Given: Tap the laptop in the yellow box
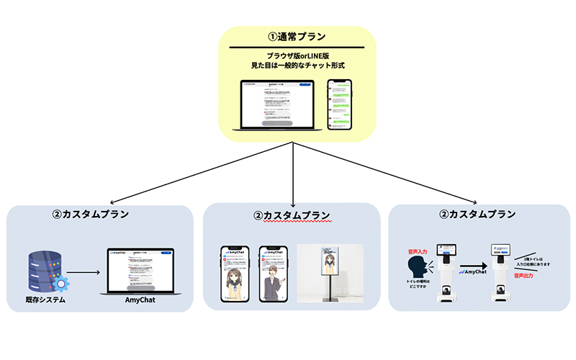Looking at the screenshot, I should (277, 104).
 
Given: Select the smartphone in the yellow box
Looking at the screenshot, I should (340, 104).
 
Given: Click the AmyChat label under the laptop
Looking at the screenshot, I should (142, 300).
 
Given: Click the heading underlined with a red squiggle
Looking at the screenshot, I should (292, 215).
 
